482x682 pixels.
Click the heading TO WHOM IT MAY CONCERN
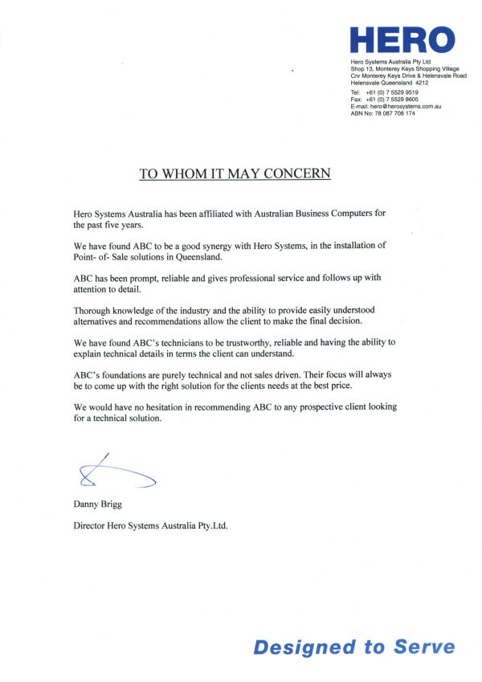point(235,173)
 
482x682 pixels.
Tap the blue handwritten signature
point(112,475)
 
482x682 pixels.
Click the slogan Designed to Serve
point(353,647)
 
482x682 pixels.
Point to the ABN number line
point(383,113)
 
